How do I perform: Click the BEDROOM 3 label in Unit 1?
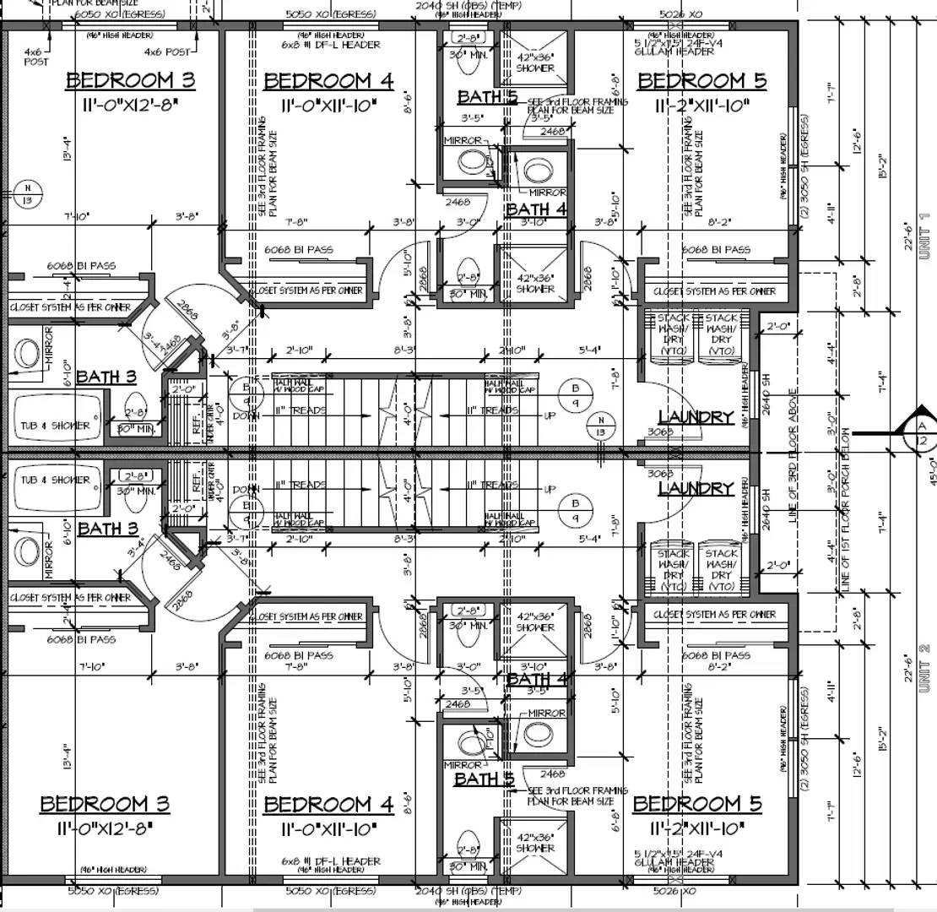[131, 81]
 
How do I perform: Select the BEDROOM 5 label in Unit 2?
[697, 803]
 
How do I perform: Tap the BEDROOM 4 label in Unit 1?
[328, 81]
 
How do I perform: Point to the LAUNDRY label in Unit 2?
[696, 488]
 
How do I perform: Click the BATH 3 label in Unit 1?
[106, 377]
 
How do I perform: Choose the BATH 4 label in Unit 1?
[536, 209]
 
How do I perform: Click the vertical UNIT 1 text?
[923, 236]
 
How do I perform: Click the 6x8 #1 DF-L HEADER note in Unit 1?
[332, 45]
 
